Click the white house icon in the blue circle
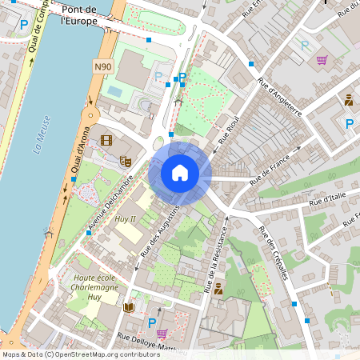coord(180,173)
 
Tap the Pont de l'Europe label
coord(84,15)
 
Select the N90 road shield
coord(102,67)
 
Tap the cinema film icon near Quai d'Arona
coord(107,141)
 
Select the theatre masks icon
coord(125,161)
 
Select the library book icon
coord(129,306)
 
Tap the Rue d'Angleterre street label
coord(279,97)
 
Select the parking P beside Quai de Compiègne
coord(23,25)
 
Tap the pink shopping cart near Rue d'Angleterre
coord(322,59)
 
